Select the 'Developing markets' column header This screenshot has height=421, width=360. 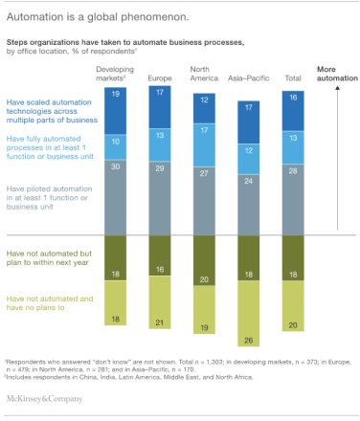(115, 74)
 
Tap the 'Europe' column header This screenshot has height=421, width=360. (160, 77)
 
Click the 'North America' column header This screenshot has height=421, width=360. (204, 74)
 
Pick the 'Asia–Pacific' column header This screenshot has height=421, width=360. (250, 77)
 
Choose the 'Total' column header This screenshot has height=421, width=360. (294, 77)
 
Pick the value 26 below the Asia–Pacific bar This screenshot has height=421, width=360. (250, 339)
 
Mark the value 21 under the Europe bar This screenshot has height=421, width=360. (160, 321)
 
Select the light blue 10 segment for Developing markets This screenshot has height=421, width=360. (115, 142)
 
